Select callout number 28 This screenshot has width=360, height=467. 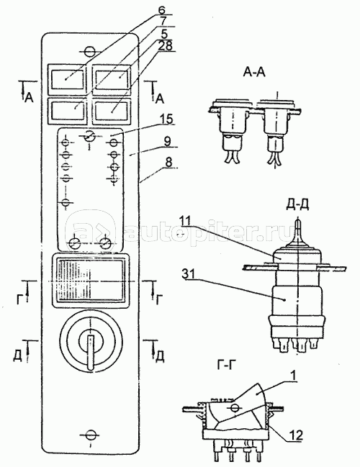click(x=165, y=46)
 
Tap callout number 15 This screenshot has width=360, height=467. click(x=166, y=119)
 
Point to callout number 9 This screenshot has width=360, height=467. click(x=168, y=142)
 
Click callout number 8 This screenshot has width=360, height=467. click(x=168, y=163)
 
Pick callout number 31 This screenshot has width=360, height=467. click(x=189, y=274)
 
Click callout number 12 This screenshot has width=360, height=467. click(x=296, y=435)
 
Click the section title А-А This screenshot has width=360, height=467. click(x=254, y=72)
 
